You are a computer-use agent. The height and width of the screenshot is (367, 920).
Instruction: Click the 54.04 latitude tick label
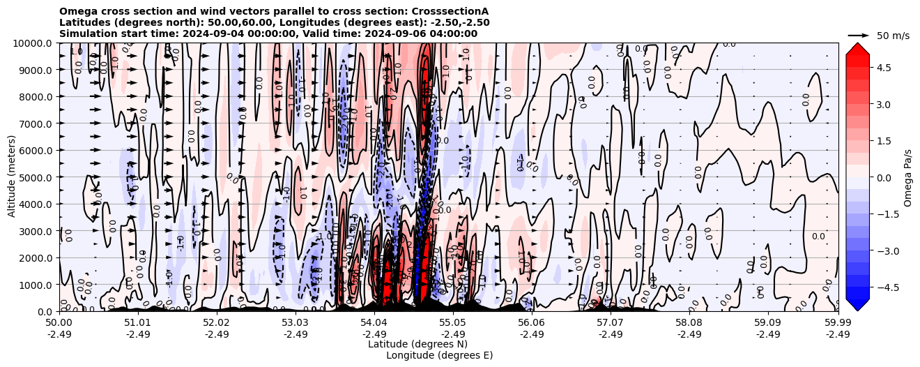pyautogui.click(x=374, y=323)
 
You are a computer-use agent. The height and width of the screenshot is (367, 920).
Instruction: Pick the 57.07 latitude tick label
pyautogui.click(x=610, y=323)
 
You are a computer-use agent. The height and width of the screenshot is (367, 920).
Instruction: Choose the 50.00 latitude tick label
pyautogui.click(x=59, y=323)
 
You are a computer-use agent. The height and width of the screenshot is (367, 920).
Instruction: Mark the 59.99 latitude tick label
pyautogui.click(x=838, y=323)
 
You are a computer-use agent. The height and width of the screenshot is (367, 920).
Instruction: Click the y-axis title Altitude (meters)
pyautogui.click(x=12, y=177)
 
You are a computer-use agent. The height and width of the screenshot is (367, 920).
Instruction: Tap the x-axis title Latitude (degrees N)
pyautogui.click(x=417, y=344)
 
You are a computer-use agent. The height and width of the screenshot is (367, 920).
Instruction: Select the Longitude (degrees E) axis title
pyautogui.click(x=439, y=355)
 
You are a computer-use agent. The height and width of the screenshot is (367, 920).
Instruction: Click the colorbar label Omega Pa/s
pyautogui.click(x=907, y=177)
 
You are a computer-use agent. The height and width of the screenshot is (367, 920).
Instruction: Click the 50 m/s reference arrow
pyautogui.click(x=858, y=35)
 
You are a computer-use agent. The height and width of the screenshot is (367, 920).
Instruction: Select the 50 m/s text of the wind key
pyautogui.click(x=893, y=36)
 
